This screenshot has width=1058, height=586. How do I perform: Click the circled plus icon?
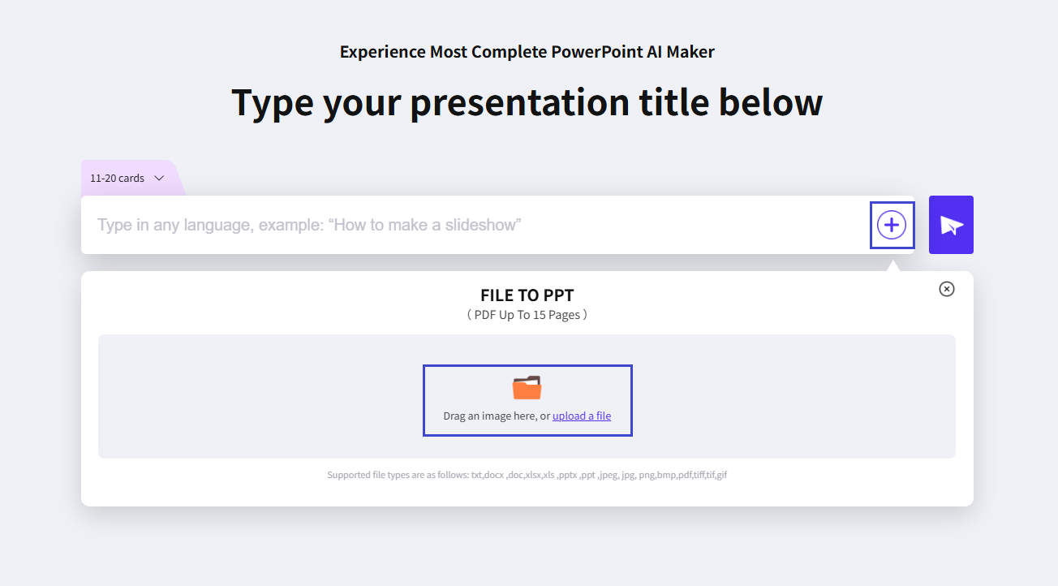(x=892, y=225)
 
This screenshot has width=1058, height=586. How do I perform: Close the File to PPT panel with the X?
(x=946, y=289)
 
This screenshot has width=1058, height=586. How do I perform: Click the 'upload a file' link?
(x=582, y=416)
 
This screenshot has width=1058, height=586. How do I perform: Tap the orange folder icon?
(x=527, y=388)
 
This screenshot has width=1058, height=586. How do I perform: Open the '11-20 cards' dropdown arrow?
(x=159, y=179)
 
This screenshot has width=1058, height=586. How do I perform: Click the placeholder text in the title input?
(x=309, y=225)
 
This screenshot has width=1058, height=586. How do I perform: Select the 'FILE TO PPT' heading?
(x=527, y=295)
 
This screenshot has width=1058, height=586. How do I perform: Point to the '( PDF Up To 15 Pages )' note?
(x=527, y=315)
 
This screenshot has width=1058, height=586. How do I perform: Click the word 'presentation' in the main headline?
(x=519, y=103)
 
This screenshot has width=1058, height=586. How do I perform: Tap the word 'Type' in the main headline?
(x=272, y=103)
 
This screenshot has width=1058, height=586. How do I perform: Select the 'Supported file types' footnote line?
(x=527, y=475)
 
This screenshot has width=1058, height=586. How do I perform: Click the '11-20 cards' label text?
(x=117, y=179)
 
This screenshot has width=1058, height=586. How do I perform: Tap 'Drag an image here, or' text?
(x=497, y=416)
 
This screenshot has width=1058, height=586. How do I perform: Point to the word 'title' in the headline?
(x=673, y=103)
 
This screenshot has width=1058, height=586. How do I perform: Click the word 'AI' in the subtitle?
(x=656, y=52)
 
